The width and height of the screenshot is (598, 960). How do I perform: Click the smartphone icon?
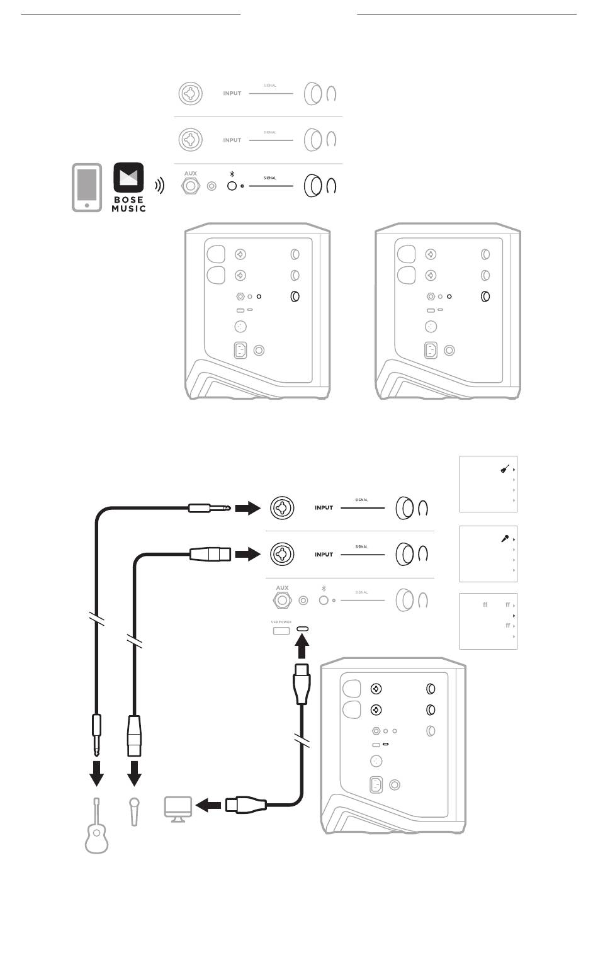[86, 188]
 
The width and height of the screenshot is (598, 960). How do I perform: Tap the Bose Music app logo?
[128, 187]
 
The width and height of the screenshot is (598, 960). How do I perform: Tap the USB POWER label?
[281, 622]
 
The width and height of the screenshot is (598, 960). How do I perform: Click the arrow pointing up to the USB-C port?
[303, 648]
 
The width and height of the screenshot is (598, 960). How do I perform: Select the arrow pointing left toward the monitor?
[208, 805]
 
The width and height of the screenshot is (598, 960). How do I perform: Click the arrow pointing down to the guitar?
[96, 774]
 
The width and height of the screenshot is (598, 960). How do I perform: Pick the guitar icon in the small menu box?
[505, 469]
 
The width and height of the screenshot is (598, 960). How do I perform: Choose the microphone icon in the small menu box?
[505, 539]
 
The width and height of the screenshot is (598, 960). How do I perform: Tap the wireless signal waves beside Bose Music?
[161, 186]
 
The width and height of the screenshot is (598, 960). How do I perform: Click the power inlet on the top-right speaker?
[431, 350]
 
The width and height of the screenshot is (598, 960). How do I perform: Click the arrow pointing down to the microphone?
[134, 774]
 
